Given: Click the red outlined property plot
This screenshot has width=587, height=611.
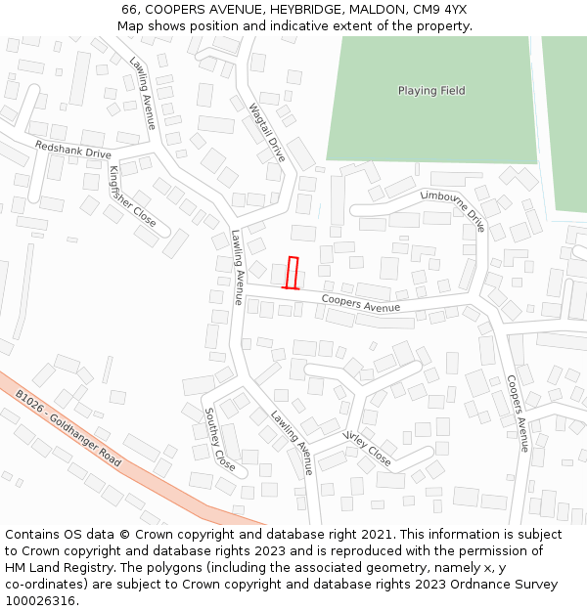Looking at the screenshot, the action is click(x=293, y=273).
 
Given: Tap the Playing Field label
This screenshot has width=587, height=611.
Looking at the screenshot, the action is click(x=431, y=91).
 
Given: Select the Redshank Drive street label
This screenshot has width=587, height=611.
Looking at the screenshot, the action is click(x=73, y=149).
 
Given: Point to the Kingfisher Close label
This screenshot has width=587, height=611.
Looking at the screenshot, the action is click(x=132, y=196).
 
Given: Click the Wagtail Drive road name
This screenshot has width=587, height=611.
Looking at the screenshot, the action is click(x=267, y=133).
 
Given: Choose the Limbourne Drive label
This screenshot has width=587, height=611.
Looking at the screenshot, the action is click(x=453, y=209).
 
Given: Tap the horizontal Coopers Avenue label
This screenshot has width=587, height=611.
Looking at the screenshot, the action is click(x=360, y=305).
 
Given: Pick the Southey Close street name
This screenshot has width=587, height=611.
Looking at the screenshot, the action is click(x=219, y=439).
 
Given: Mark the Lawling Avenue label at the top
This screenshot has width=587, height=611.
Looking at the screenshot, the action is click(x=143, y=93).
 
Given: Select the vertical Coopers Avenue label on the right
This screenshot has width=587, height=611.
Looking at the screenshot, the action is click(x=518, y=413).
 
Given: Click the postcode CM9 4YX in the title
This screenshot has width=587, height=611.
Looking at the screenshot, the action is click(x=441, y=10).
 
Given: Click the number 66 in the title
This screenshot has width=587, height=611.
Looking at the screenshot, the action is click(x=130, y=10).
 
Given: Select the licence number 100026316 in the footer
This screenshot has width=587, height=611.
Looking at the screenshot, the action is click(x=40, y=601).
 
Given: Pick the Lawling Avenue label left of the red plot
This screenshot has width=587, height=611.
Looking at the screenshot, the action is click(x=237, y=268).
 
